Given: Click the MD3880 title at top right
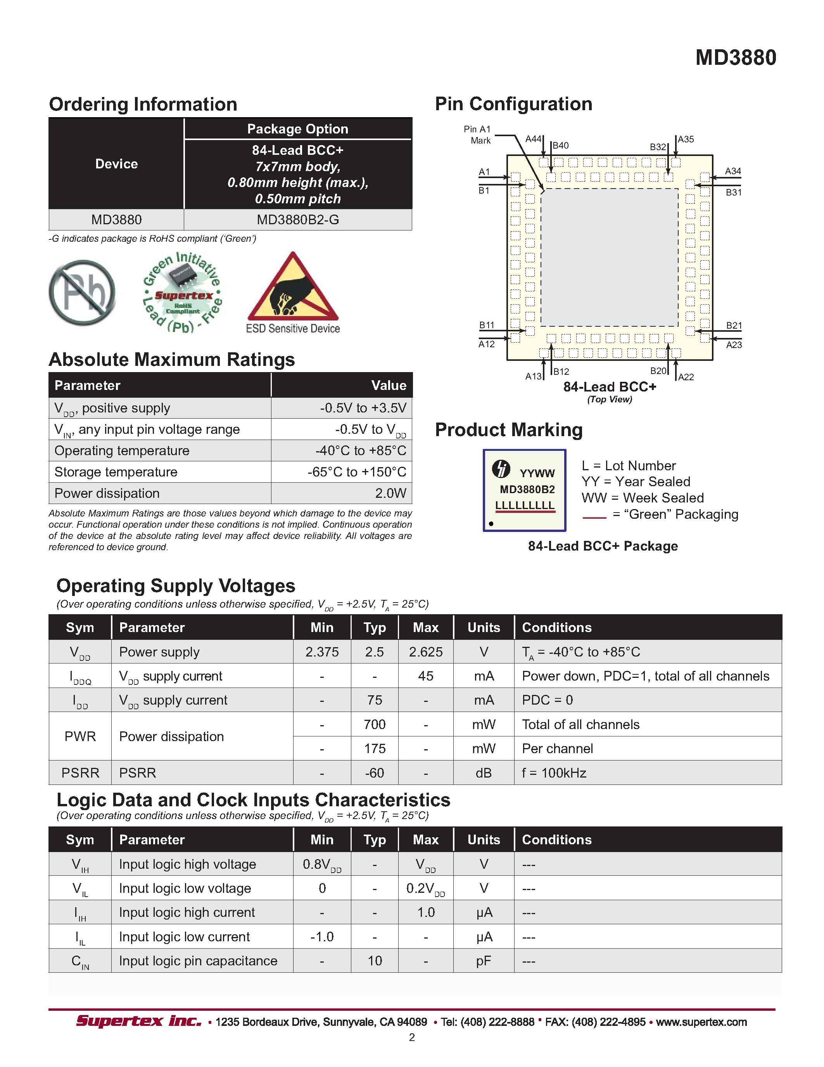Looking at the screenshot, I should click(735, 58).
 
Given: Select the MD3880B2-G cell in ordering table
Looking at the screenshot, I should click(297, 220).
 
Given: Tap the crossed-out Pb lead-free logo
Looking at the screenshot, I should click(82, 293).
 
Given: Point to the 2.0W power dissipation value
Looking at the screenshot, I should click(390, 494).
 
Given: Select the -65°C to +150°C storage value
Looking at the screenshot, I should click(356, 472).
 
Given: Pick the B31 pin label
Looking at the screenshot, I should click(733, 192).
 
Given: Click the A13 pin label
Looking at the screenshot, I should click(533, 376).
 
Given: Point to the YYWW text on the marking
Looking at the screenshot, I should click(537, 473).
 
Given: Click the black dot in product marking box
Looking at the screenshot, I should click(491, 524).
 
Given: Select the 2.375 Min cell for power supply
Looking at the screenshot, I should click(322, 652).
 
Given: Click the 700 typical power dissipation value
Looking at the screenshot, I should click(375, 724).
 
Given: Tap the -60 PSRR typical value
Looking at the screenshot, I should click(375, 773).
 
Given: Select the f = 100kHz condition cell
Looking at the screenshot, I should click(554, 773).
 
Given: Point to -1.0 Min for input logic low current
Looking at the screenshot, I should click(322, 937).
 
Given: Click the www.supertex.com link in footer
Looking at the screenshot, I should click(701, 1022).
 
